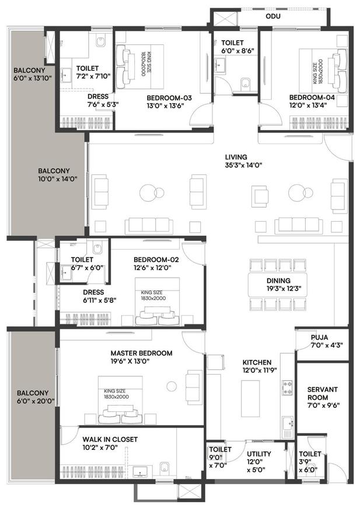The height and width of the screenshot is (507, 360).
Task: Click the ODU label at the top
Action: pos(272,17)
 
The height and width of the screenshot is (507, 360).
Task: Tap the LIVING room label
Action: pos(236,157)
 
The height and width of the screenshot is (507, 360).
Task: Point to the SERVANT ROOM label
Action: pos(323,393)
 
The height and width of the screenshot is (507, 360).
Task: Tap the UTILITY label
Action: pos(257,453)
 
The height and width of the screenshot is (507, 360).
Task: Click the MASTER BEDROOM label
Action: pos(142,353)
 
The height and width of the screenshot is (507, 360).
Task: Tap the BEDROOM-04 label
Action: pos(306,97)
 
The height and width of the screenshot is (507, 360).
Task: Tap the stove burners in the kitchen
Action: pos(287,386)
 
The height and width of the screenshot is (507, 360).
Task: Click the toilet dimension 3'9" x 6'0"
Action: pos(310,461)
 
